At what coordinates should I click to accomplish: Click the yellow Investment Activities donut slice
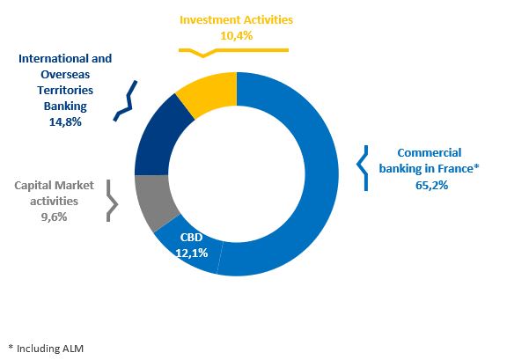209,93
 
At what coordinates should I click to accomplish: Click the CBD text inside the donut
191,237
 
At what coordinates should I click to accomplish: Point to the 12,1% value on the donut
192,253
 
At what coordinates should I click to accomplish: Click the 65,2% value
431,185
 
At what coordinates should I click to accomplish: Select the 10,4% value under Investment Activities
236,35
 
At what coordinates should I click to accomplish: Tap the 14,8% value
65,121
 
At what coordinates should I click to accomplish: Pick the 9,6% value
54,217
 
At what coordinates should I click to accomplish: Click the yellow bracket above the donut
233,50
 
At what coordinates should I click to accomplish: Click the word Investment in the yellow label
210,19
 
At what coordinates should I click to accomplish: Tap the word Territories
65,90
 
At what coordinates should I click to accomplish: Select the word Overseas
65,74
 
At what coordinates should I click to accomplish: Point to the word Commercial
430,152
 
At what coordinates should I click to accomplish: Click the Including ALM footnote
46,349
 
